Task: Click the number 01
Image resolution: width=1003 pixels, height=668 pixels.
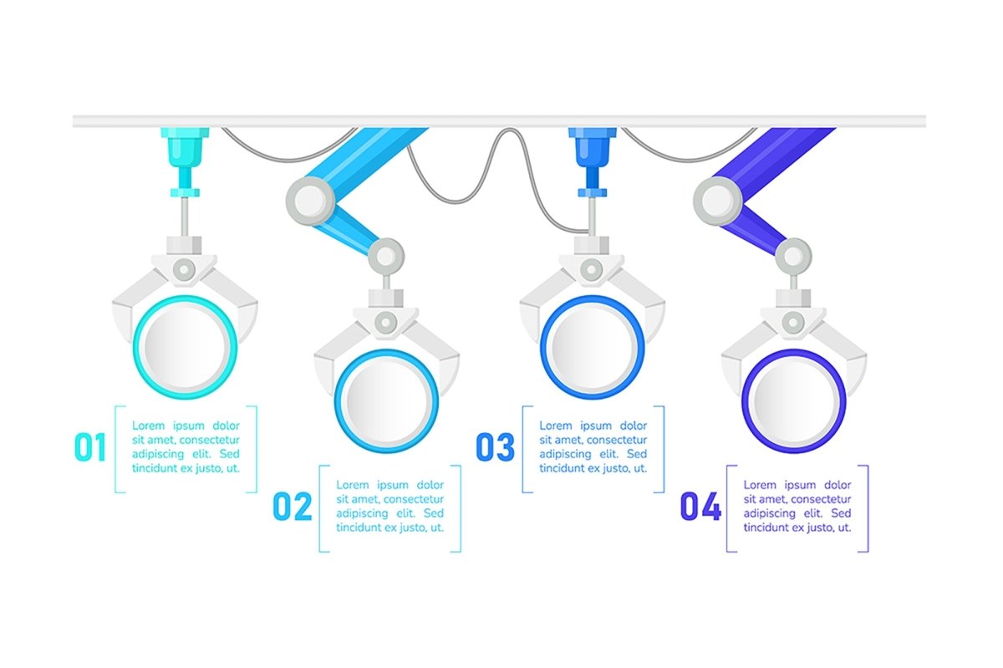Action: pos(90,448)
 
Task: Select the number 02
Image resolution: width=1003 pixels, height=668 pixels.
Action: pos(293,507)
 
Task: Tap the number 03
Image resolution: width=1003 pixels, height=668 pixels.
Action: pos(495,448)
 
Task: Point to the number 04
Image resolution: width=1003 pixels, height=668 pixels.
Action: pos(700,507)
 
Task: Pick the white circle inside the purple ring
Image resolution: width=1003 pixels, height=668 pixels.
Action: pos(793,400)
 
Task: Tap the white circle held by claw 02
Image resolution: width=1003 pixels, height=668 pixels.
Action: pos(385,400)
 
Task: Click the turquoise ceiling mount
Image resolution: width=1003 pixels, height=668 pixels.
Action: pos(184,150)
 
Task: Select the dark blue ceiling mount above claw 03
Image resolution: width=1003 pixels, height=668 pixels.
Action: pos(592,150)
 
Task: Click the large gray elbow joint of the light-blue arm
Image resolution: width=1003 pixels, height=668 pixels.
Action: pos(306,200)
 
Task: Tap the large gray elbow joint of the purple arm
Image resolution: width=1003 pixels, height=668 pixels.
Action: pos(714,200)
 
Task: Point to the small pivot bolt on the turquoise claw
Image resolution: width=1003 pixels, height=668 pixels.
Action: pos(185,269)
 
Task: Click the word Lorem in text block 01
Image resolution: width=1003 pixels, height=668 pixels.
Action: pos(149,426)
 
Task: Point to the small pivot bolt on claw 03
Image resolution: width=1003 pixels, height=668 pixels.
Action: pos(592,269)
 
